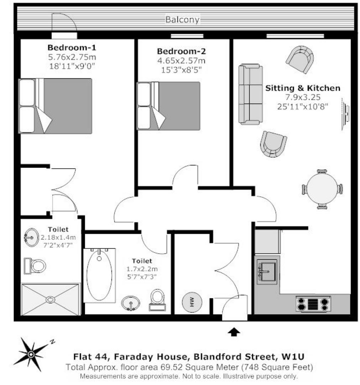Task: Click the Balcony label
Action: pos(182,20)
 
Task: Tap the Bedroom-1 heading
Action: pos(72,47)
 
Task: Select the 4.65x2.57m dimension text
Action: pos(181,61)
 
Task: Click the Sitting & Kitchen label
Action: pos(303,88)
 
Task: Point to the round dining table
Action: pos(322,189)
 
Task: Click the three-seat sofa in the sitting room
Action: pos(250,94)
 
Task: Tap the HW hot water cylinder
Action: pos(192,302)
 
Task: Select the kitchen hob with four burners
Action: pos(313,304)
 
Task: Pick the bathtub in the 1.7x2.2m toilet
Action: pos(99,275)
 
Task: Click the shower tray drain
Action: pos(50,299)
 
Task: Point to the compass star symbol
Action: pos(31,354)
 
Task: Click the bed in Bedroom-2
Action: pos(168,106)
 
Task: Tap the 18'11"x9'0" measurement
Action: pos(72,66)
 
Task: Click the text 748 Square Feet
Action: pos(277,367)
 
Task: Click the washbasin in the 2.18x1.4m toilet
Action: pos(31,237)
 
